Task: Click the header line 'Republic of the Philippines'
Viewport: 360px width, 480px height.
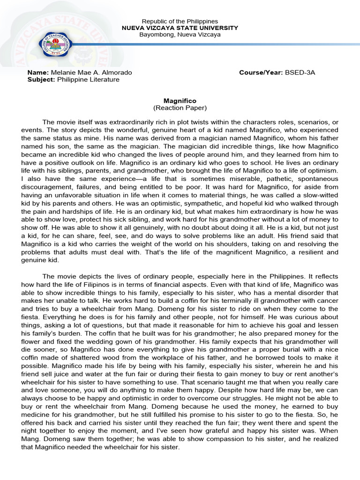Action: [180, 22]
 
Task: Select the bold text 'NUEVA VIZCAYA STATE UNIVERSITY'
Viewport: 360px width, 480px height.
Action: [180, 28]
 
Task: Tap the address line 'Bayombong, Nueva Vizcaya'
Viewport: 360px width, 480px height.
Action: [180, 35]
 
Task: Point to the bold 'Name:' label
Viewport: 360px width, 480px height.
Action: [38, 73]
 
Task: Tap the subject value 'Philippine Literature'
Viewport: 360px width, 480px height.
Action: [88, 80]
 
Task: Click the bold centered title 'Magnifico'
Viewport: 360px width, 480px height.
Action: [180, 101]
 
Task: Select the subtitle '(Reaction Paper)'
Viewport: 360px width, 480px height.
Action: [180, 108]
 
